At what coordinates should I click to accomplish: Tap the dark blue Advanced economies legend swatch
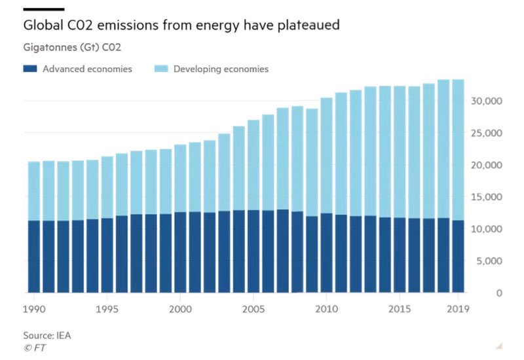30,69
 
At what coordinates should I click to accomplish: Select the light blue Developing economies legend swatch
161,69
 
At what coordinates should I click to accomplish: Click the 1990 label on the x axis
34,308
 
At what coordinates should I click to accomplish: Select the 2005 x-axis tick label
253,308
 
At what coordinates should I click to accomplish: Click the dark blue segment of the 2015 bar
399,255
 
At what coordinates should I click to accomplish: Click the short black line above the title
43,9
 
